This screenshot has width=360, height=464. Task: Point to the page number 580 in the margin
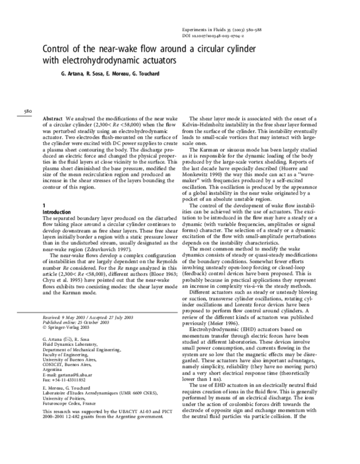[x=28, y=111]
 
